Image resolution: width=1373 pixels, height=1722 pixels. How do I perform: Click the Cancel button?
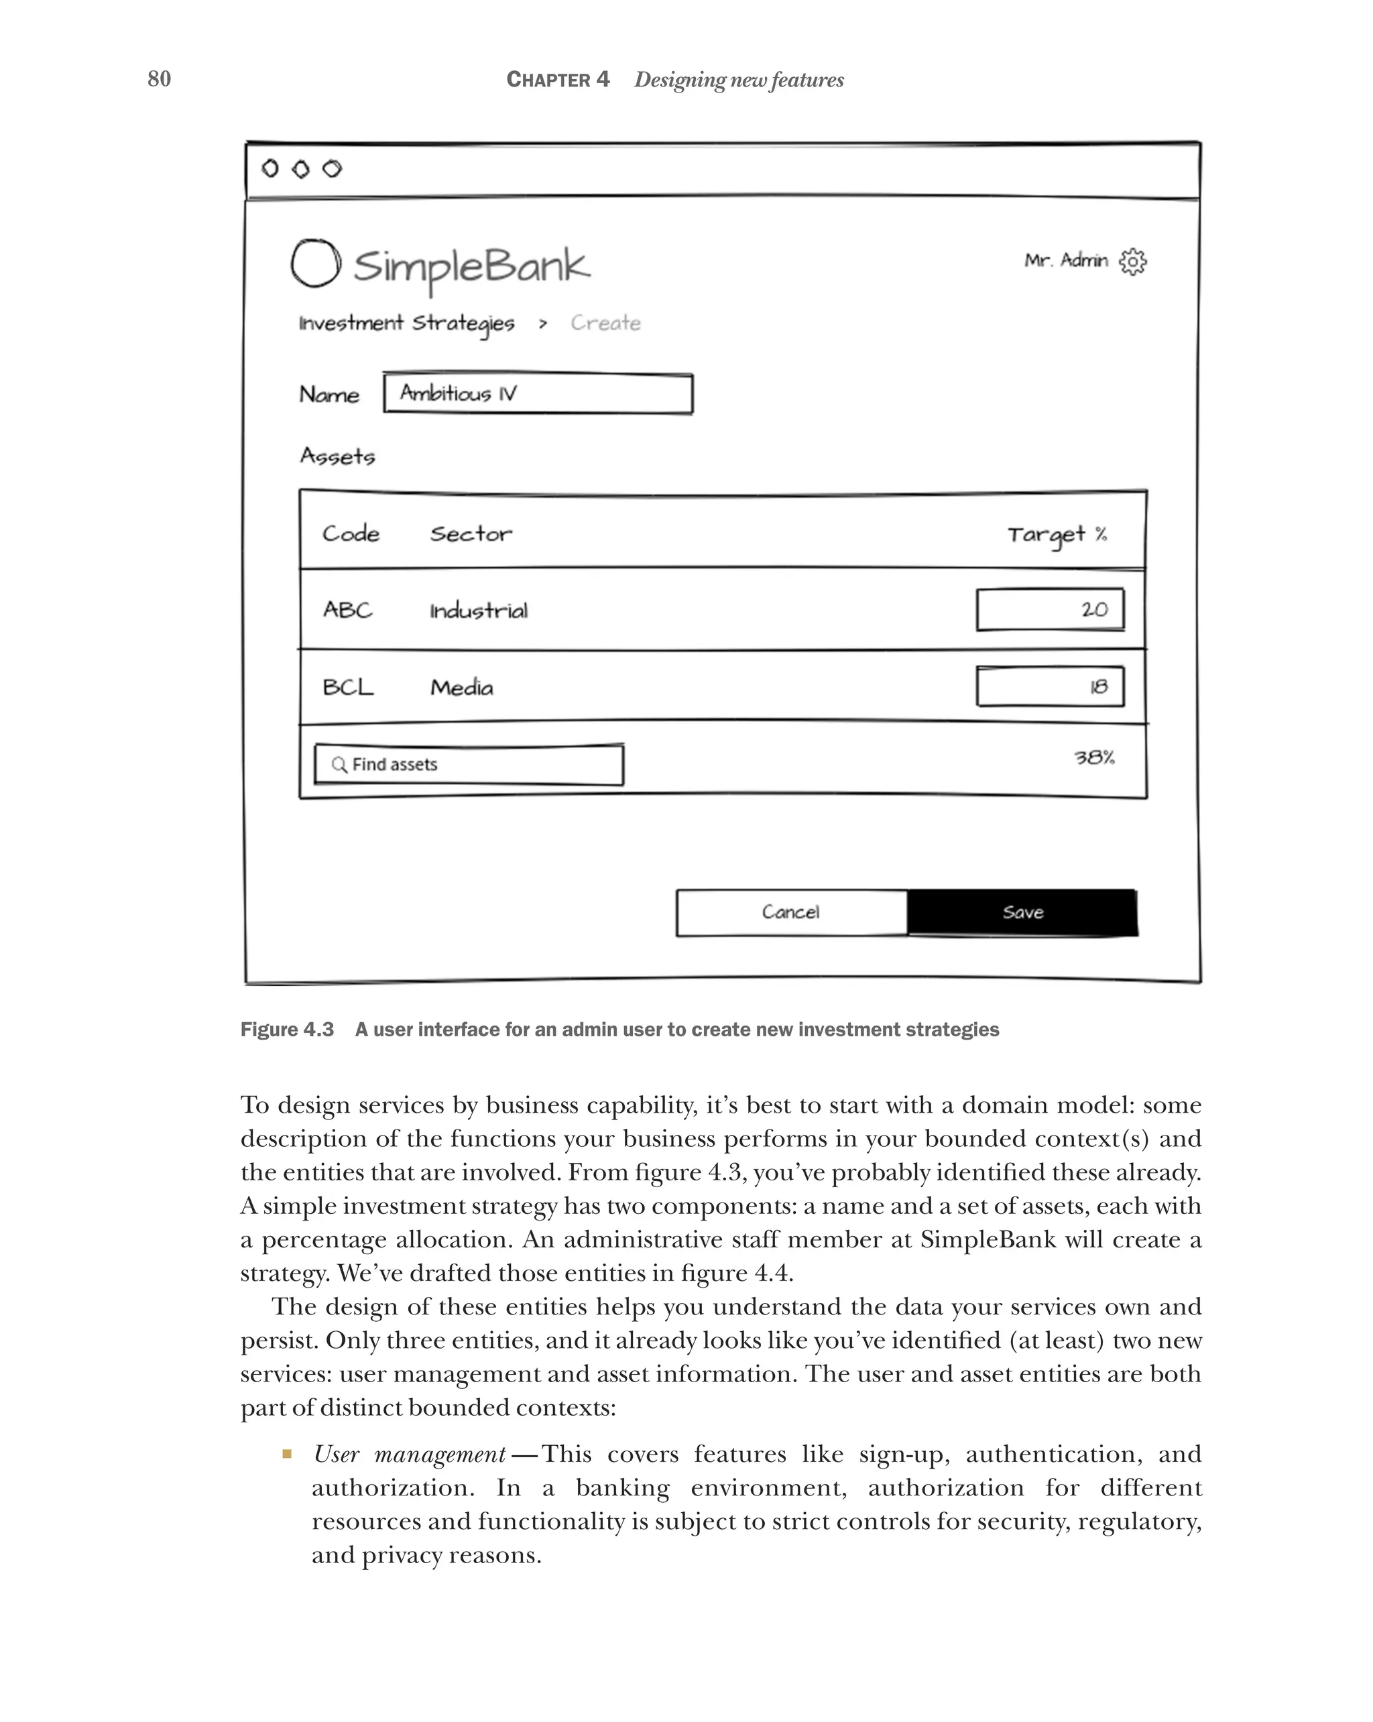pyautogui.click(x=790, y=912)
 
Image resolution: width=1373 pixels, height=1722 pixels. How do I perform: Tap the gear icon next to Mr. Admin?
pyautogui.click(x=1132, y=261)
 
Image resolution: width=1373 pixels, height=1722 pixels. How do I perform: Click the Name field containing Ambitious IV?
pyautogui.click(x=538, y=393)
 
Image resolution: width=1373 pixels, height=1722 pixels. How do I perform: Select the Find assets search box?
pyautogui.click(x=469, y=764)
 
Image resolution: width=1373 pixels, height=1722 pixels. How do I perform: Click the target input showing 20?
pyautogui.click(x=1049, y=609)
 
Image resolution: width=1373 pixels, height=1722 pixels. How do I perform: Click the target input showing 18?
pyautogui.click(x=1049, y=686)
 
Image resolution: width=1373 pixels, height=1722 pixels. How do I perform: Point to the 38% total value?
pyautogui.click(x=1093, y=757)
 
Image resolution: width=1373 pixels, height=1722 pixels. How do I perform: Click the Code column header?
pyautogui.click(x=351, y=534)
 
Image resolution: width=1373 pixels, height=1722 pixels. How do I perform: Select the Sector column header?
pyautogui.click(x=471, y=534)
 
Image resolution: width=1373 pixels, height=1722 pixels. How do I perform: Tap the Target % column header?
pyautogui.click(x=1056, y=534)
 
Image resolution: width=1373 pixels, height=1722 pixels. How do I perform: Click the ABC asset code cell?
pyautogui.click(x=347, y=610)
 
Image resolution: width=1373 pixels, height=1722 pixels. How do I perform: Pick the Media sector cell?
pyautogui.click(x=462, y=687)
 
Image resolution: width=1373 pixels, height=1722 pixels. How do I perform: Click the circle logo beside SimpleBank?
pyautogui.click(x=316, y=263)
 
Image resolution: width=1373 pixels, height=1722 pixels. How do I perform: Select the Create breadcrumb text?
pyautogui.click(x=605, y=322)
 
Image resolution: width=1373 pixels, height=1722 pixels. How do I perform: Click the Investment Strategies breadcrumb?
pyautogui.click(x=406, y=322)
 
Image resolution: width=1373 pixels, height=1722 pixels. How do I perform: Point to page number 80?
pyautogui.click(x=159, y=78)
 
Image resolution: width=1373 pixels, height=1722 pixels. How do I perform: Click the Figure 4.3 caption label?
pyautogui.click(x=287, y=1030)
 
